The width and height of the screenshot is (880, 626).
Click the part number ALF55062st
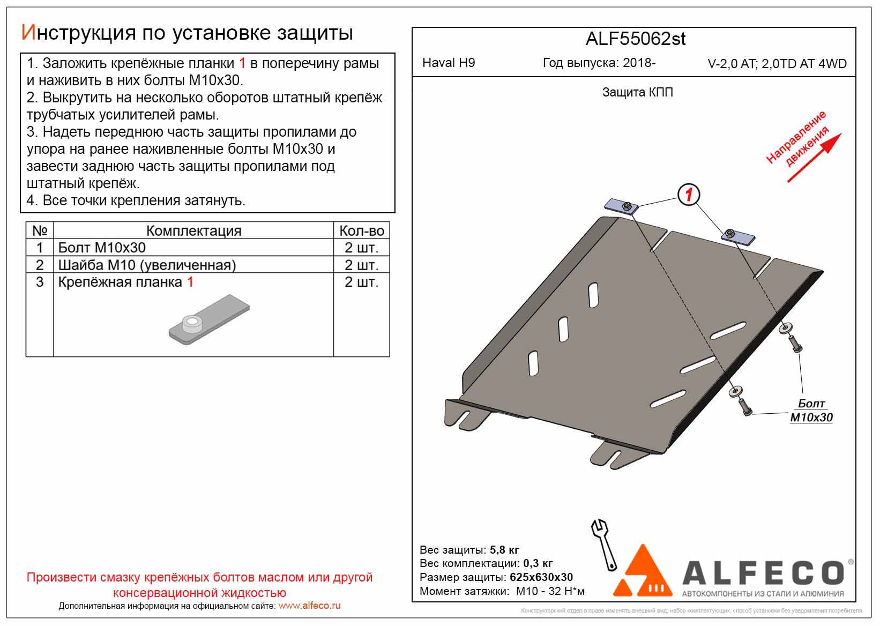point(635,39)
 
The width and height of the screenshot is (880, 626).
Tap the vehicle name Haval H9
point(449,63)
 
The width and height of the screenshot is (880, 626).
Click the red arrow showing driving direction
point(814,158)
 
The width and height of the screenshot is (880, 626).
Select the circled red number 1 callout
point(688,195)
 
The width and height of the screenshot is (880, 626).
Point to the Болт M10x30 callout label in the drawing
point(811,411)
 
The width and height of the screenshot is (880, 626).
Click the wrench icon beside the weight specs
point(603,543)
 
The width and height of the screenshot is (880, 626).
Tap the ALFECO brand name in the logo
point(764,573)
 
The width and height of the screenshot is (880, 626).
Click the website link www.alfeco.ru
point(309,606)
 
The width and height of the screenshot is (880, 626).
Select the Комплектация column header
point(193,230)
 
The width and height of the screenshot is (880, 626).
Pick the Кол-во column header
point(362,230)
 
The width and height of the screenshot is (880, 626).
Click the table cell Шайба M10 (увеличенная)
point(147,265)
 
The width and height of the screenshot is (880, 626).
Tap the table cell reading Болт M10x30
point(102,248)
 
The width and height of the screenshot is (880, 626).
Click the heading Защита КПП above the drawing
point(637,92)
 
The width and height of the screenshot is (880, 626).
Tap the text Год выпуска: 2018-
point(599,63)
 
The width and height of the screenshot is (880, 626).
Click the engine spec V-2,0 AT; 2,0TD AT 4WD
point(777,64)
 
